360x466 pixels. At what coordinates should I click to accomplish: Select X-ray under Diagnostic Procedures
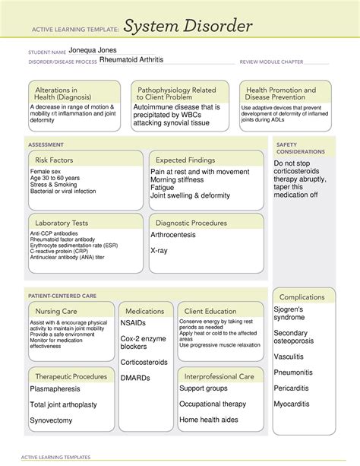tap(159, 250)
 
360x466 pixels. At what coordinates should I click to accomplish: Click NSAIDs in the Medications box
tap(135, 324)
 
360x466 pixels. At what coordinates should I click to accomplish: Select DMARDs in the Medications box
tap(136, 377)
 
